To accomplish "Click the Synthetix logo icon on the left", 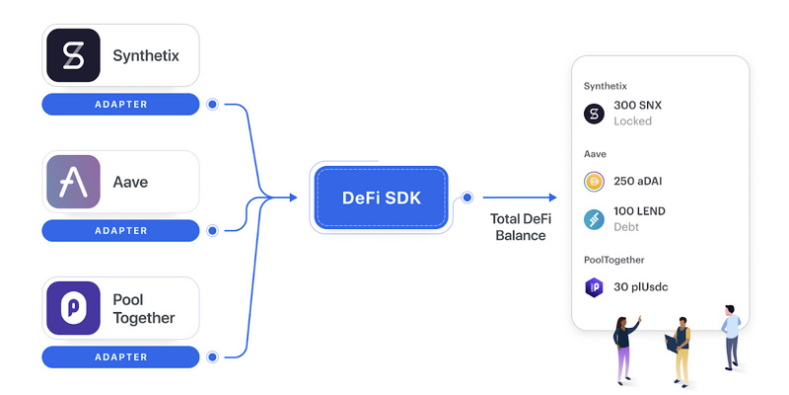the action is point(73,55).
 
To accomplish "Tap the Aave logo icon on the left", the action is point(73,182).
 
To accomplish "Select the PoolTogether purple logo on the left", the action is point(73,308).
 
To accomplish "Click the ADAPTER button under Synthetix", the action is point(120,105).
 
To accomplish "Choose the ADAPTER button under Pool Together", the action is point(120,357).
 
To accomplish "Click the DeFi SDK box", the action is point(381,197).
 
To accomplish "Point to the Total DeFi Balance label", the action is point(521,227).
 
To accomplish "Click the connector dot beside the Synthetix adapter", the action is point(212,105).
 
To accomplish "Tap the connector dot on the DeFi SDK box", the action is point(466,197).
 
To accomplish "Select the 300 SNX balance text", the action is point(637,106).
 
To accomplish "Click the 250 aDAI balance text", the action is point(637,182).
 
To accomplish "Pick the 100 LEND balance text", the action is point(639,211).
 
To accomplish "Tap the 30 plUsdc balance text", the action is point(640,287).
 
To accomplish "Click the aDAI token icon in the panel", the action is point(594,182).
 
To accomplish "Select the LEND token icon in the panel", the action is point(594,220).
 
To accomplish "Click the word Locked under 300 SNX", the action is point(632,121).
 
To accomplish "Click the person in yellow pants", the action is point(680,352).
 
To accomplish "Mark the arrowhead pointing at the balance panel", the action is point(553,197).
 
